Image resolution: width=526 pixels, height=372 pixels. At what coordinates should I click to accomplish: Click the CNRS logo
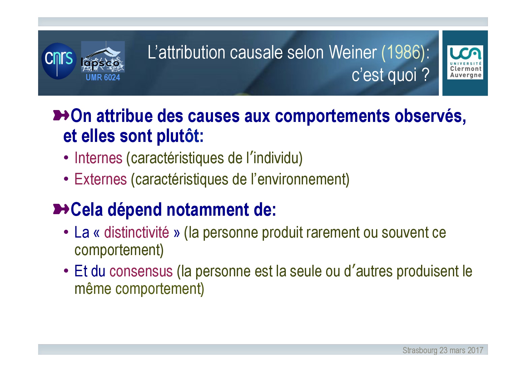59,61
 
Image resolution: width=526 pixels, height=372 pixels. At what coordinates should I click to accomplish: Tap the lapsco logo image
103,57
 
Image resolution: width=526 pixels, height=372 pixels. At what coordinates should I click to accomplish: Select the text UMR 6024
103,77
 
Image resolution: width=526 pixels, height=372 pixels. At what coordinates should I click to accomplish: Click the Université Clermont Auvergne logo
465,62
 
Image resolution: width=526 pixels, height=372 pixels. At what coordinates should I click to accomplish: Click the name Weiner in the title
353,52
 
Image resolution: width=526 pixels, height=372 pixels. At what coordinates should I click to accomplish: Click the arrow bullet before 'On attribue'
61,115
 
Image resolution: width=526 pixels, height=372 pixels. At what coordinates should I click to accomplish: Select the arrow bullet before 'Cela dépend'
61,209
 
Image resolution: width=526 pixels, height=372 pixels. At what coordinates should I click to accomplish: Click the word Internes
98,158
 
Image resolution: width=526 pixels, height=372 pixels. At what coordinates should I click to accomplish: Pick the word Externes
101,179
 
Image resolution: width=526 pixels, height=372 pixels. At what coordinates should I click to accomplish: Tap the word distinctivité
136,232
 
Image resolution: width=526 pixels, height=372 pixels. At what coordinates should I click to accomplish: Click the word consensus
141,271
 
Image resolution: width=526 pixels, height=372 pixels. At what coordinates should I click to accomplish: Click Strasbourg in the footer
420,350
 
